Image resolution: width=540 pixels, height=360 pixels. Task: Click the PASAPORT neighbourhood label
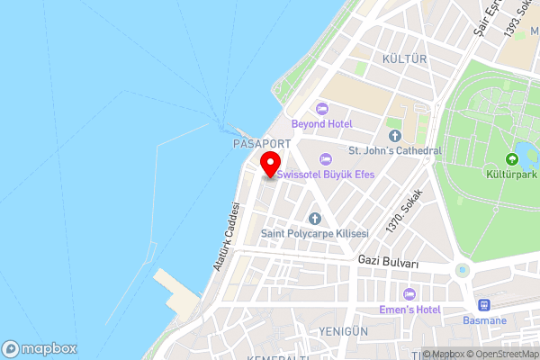click(262, 144)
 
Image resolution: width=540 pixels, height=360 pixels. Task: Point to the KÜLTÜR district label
click(403, 58)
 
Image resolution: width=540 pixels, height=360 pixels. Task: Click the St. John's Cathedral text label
click(395, 150)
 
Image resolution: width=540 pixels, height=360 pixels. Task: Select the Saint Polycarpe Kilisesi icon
click(314, 219)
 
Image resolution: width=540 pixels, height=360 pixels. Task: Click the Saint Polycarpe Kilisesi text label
click(314, 233)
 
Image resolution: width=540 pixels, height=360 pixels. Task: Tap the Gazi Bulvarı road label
click(388, 262)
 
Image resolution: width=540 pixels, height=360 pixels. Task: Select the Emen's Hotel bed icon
click(409, 294)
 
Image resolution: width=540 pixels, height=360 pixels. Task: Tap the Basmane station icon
click(484, 306)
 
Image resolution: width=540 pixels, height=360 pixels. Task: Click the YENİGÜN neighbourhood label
click(343, 331)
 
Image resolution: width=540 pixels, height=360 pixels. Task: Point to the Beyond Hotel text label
click(321, 123)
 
